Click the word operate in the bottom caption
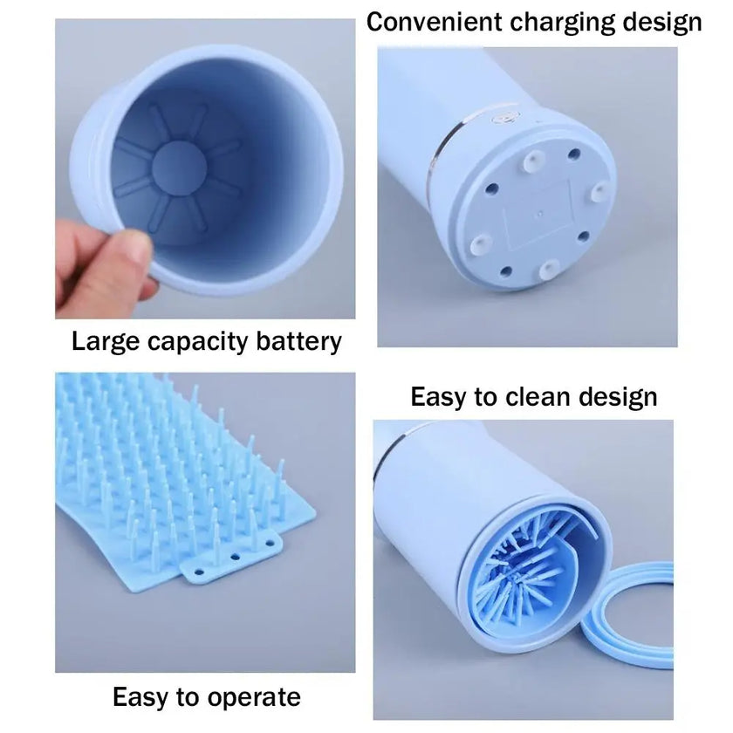[x=255, y=697]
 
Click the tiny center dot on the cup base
[x=542, y=210]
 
